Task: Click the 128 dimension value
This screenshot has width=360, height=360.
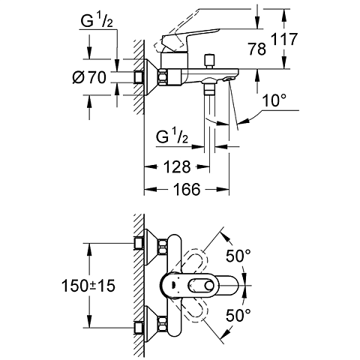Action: (175, 166)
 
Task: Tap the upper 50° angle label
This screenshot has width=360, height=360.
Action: (238, 255)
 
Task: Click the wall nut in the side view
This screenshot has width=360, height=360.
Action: (138, 76)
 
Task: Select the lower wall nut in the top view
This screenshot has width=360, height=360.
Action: (139, 326)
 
